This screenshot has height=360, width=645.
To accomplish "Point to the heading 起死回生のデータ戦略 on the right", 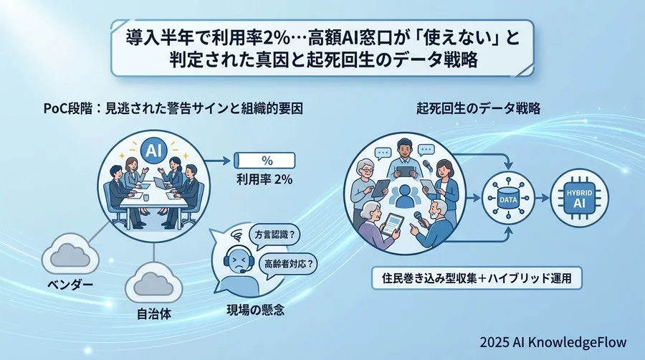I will [x=478, y=109].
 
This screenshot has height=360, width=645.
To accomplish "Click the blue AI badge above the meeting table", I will [x=151, y=150].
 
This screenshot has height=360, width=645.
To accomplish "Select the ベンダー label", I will [x=65, y=286].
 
